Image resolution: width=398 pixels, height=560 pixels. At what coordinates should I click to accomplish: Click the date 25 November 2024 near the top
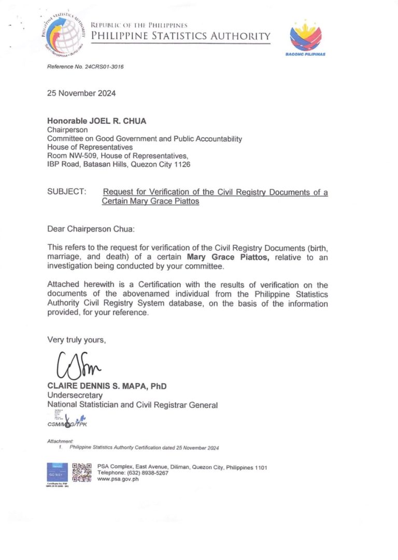click(x=81, y=94)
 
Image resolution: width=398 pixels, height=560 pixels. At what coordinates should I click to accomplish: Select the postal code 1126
click(x=182, y=164)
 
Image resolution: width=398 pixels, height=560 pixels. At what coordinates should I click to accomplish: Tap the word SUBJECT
click(x=67, y=192)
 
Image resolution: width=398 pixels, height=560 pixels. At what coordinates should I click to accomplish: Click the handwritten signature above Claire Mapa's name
click(x=75, y=366)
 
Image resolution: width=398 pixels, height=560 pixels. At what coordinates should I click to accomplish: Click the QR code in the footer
click(x=82, y=472)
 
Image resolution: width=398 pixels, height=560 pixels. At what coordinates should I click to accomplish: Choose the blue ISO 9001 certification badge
click(x=56, y=472)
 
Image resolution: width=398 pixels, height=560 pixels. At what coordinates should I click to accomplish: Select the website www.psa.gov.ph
click(x=118, y=479)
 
